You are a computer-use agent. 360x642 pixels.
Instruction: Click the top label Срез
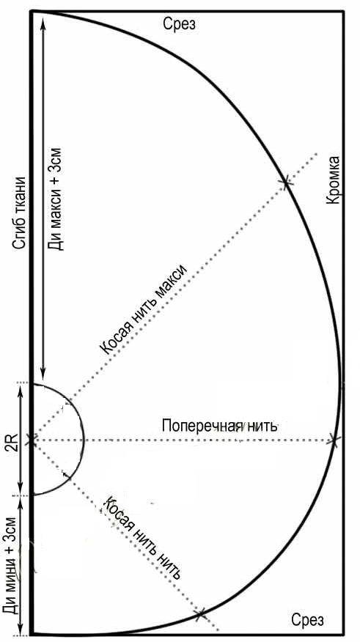(x=180, y=24)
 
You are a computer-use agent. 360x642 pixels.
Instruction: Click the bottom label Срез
(x=308, y=619)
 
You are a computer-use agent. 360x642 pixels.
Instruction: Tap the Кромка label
(x=334, y=180)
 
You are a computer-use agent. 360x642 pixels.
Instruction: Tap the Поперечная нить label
(x=219, y=426)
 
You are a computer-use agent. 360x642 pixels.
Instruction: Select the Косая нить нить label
(x=142, y=537)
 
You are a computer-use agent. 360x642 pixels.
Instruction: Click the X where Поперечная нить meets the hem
(x=334, y=440)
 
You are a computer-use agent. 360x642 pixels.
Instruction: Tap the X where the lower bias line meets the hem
(x=200, y=613)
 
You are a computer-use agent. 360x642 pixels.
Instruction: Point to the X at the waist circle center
(x=32, y=440)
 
